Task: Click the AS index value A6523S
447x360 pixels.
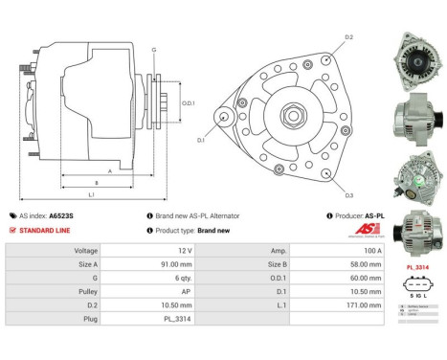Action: (x=61, y=216)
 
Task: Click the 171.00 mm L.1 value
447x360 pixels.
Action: (x=346, y=304)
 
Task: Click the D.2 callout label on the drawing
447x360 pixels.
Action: (x=348, y=37)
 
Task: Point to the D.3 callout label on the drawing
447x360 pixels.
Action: (x=348, y=195)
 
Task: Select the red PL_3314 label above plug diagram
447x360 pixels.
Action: (x=416, y=267)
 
